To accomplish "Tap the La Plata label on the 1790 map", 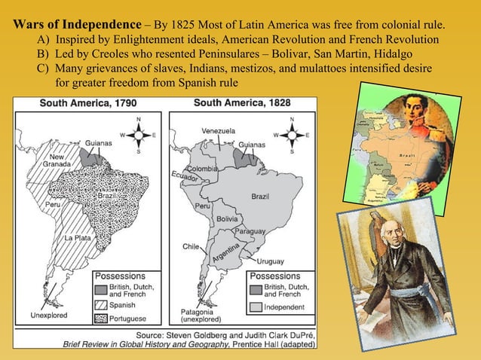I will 78,239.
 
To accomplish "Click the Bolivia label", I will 228,218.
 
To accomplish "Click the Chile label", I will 190,246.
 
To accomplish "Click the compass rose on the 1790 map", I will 139,136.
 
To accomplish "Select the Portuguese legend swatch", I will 102,319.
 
